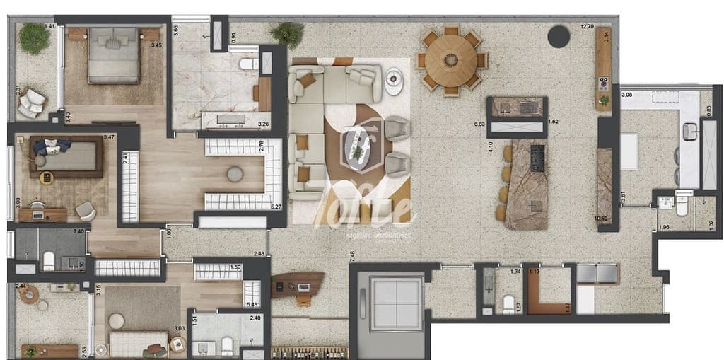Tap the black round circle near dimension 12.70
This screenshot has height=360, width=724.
559,36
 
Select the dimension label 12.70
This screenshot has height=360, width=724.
587,27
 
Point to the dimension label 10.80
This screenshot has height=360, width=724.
602,219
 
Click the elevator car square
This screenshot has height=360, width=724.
396,303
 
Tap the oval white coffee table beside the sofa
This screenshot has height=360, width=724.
394,81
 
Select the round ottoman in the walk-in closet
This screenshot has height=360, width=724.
235,174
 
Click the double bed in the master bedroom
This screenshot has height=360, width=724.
113,55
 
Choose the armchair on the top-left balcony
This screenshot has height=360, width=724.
32,103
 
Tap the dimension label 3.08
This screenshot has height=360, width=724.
626,94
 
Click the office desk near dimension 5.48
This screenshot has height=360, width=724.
295,286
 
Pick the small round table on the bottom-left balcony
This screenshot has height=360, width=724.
30,296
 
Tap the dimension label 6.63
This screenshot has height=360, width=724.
480,124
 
